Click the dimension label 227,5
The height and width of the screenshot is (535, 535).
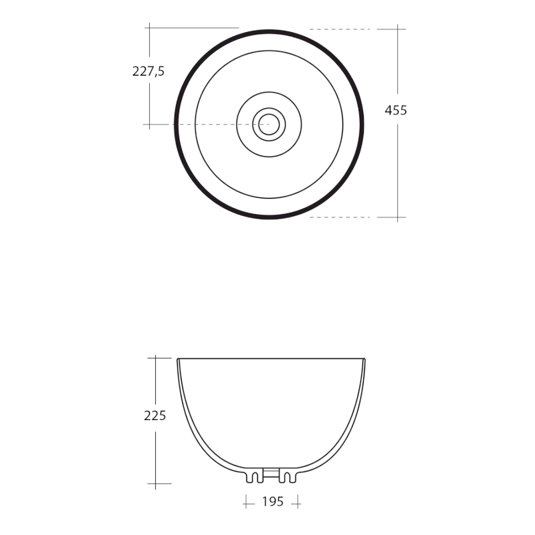[x=148, y=71]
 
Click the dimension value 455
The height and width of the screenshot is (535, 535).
[x=396, y=110]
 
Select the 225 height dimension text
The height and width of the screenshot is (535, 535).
[x=155, y=415]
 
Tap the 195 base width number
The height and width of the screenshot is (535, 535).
[x=273, y=502]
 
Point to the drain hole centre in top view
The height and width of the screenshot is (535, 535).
[x=269, y=124]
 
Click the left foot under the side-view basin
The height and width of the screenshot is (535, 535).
[x=253, y=476]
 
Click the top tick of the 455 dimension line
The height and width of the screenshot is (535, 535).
[x=398, y=29]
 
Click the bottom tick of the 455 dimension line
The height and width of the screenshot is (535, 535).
[x=398, y=217]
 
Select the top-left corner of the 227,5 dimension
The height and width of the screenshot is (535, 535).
[x=149, y=27]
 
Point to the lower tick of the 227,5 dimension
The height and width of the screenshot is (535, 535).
[x=149, y=124]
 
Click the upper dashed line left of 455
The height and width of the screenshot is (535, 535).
[x=340, y=29]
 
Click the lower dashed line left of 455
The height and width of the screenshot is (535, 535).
[x=340, y=217]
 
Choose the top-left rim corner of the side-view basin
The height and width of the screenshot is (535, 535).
[x=179, y=359]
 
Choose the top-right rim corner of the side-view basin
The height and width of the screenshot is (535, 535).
[x=364, y=359]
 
